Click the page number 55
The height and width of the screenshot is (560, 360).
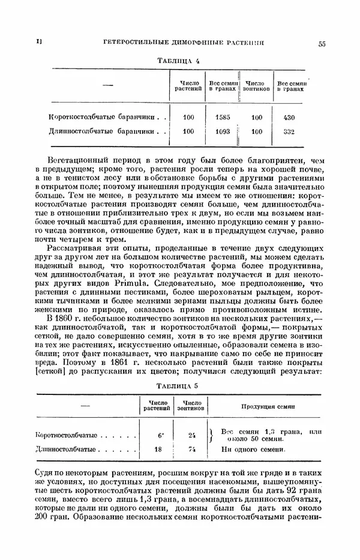322,43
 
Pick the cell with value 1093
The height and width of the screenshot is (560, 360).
222,131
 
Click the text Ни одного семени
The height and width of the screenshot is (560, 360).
251,448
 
